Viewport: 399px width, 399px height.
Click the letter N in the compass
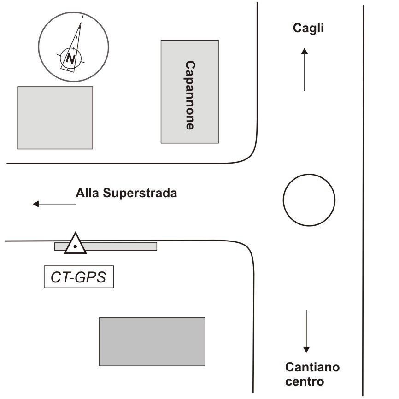tap(70, 59)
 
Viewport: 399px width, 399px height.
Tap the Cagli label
tap(309, 29)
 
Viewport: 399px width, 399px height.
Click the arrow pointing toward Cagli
tap(304, 69)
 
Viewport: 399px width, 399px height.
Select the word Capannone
tap(189, 95)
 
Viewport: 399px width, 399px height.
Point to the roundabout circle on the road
tap(309, 200)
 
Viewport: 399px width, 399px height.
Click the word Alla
tap(88, 193)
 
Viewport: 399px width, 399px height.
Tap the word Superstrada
tap(140, 193)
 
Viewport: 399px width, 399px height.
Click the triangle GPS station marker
tap(75, 244)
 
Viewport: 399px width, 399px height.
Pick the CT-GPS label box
tap(78, 277)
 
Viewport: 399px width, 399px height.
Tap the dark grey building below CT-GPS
tap(152, 341)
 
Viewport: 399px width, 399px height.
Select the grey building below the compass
tap(55, 117)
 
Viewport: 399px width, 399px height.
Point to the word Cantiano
tap(312, 368)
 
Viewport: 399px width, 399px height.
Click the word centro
tap(305, 381)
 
